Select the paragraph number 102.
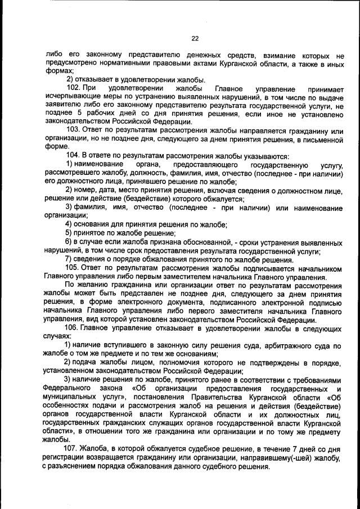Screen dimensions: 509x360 (74, 89)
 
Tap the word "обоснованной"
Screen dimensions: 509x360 (205, 243)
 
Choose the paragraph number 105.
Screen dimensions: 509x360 (74, 268)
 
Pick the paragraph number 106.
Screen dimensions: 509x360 (74, 328)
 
